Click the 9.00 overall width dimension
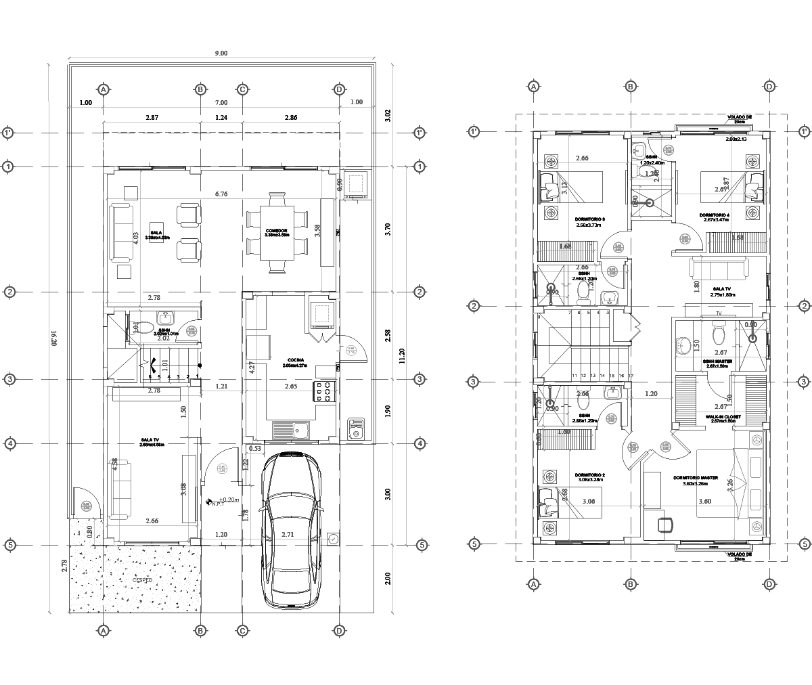[x=221, y=53]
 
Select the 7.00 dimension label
[x=221, y=102]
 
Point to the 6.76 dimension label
[x=221, y=194]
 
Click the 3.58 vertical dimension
[x=317, y=231]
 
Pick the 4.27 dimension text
[x=252, y=368]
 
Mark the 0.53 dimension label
[x=255, y=448]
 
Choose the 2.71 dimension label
[x=288, y=535]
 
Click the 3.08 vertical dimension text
[x=183, y=489]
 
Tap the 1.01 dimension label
[x=165, y=366]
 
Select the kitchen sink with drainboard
[x=291, y=430]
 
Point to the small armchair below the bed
[x=665, y=525]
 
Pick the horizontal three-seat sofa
[x=719, y=268]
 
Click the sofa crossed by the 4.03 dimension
[x=122, y=232]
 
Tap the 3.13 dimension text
[x=564, y=188]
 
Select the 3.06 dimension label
[x=589, y=502]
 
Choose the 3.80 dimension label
[x=704, y=502]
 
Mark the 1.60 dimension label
[x=564, y=432]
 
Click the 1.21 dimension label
[x=221, y=386]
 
